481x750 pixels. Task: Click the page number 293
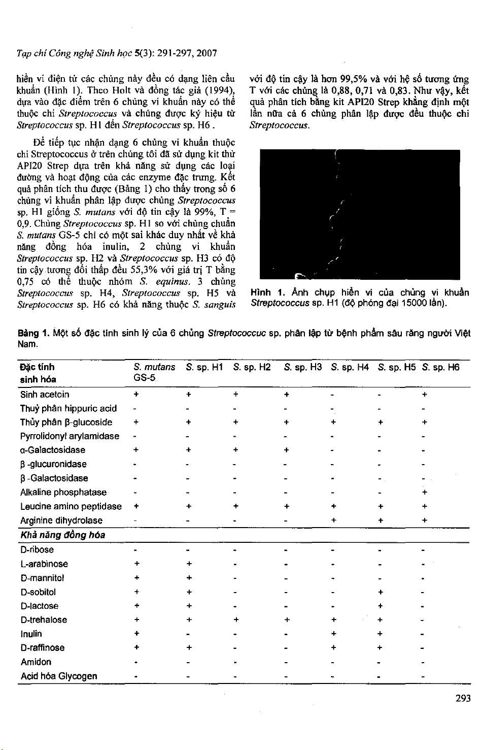pyautogui.click(x=463, y=699)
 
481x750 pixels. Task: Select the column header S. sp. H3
pyautogui.click(x=303, y=367)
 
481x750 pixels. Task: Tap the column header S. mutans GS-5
pyautogui.click(x=154, y=372)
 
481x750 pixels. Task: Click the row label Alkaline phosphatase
pyautogui.click(x=63, y=492)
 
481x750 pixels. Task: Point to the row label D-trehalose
pyautogui.click(x=44, y=619)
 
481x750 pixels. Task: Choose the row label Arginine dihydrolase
pyautogui.click(x=61, y=520)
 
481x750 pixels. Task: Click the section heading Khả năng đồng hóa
pyautogui.click(x=62, y=535)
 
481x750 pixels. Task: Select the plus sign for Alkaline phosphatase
pyautogui.click(x=424, y=492)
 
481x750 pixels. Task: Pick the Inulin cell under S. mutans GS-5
pyautogui.click(x=136, y=634)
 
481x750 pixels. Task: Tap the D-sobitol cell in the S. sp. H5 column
pyautogui.click(x=381, y=592)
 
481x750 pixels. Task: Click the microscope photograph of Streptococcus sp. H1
pyautogui.click(x=359, y=214)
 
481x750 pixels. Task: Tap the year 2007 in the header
pyautogui.click(x=207, y=52)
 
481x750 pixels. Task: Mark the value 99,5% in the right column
pyautogui.click(x=354, y=79)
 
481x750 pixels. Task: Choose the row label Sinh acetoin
pyautogui.click(x=45, y=395)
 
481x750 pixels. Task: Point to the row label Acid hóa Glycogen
pyautogui.click(x=58, y=676)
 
